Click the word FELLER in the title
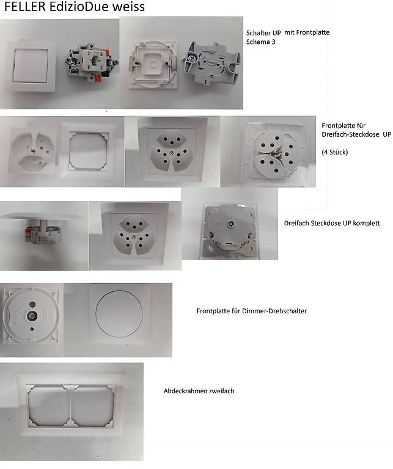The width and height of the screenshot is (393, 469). (25, 7)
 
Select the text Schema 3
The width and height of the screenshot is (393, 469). (260, 42)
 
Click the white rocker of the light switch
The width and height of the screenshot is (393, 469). (30, 65)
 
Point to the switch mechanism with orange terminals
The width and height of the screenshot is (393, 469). (92, 63)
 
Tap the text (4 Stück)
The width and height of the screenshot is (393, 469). (335, 152)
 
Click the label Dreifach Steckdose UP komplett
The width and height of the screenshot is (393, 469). (332, 223)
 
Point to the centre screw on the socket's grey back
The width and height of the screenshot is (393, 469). (231, 224)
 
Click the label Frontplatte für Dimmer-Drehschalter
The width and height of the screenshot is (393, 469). (251, 311)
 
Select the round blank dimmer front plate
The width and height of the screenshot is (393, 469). (119, 314)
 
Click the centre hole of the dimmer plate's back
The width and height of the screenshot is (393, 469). (31, 315)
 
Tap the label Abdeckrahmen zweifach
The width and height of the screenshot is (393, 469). (199, 391)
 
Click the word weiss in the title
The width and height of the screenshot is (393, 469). (129, 7)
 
